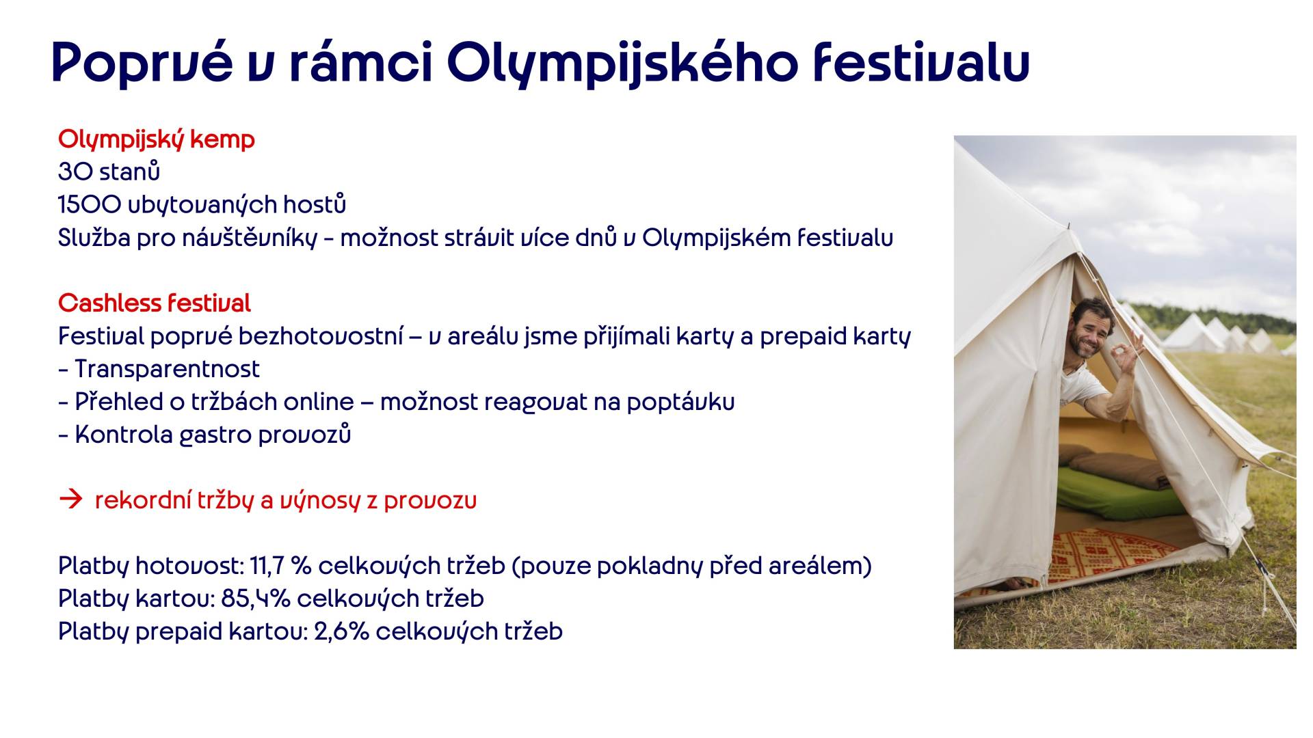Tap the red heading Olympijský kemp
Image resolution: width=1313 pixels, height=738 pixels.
157,140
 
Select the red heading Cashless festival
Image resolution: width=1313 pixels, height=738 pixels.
155,303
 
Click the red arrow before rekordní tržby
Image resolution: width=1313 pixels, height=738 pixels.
70,500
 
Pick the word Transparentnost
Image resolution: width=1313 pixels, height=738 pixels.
167,369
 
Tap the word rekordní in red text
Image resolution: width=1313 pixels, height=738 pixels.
142,501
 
